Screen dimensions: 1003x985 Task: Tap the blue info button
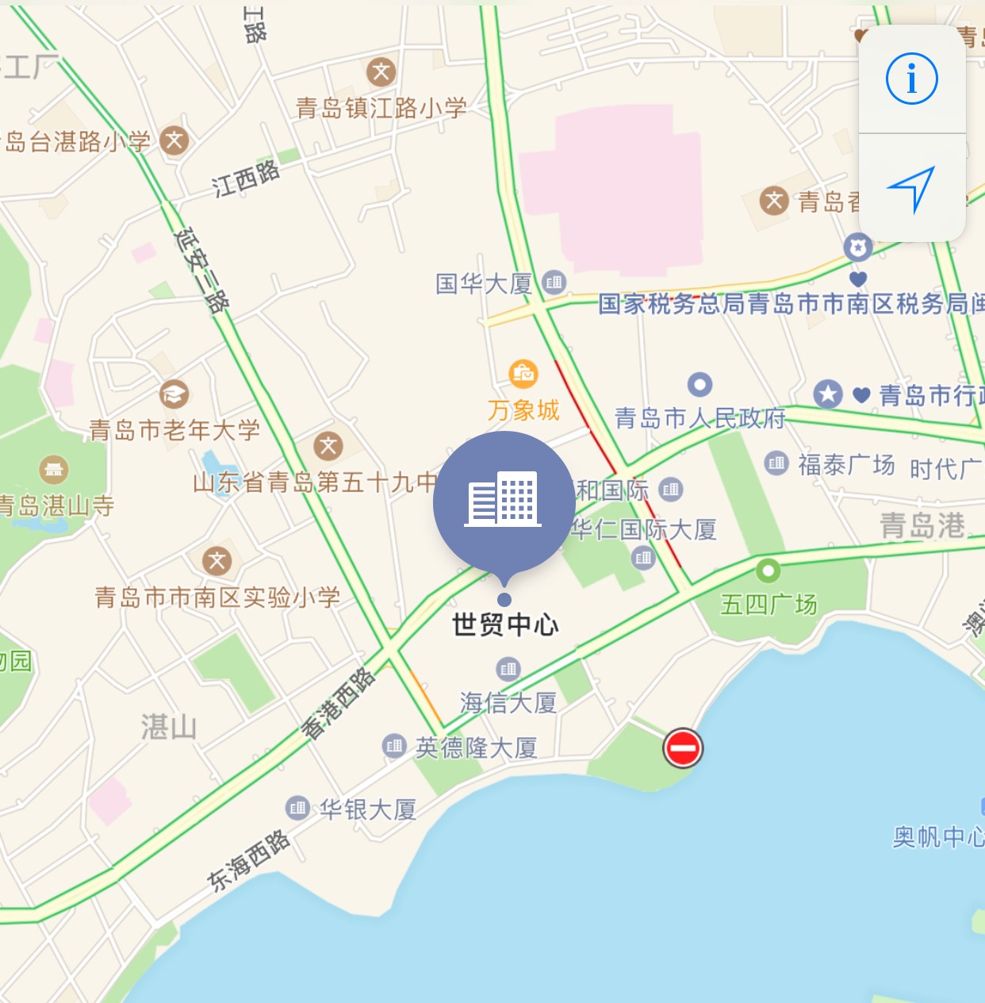[x=912, y=79]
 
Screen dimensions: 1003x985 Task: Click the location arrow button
[x=912, y=189]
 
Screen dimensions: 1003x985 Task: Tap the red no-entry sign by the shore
[x=682, y=747]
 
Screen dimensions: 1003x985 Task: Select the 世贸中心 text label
[x=505, y=625]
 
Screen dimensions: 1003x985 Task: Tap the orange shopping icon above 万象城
[x=523, y=373]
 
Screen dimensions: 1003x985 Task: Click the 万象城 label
[x=523, y=410]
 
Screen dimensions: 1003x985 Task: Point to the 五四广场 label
[x=768, y=605]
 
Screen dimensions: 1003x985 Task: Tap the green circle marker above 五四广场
[x=768, y=570]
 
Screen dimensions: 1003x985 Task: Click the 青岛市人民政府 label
[x=699, y=418]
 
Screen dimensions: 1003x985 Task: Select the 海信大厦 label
[x=508, y=702]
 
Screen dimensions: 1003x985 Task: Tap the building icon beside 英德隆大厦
[x=394, y=746]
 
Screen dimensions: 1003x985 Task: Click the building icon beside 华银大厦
[x=297, y=809]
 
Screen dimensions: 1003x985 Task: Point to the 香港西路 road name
[x=339, y=703]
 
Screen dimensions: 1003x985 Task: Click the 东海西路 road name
[x=248, y=860]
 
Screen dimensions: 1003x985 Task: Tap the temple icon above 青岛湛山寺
[x=54, y=470]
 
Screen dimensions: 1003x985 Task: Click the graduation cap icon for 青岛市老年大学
[x=174, y=394]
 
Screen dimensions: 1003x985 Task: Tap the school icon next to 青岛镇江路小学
[x=381, y=72]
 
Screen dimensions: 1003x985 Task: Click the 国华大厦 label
[x=484, y=283]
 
